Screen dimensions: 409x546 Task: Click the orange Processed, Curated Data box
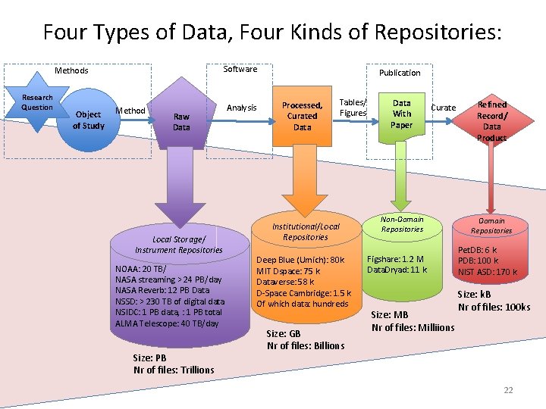[x=302, y=116]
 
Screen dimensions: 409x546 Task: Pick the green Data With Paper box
[x=401, y=114]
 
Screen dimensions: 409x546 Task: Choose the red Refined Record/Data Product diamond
[x=491, y=121]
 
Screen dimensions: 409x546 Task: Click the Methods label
[x=71, y=70]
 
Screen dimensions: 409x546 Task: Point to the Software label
[x=240, y=69]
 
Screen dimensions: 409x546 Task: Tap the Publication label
[x=400, y=73]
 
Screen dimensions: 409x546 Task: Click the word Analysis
[x=242, y=108]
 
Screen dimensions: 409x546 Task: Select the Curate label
[x=444, y=108]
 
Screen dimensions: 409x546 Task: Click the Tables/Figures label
[x=353, y=108]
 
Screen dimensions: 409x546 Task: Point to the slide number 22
[x=508, y=390]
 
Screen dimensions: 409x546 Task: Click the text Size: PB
[x=149, y=357]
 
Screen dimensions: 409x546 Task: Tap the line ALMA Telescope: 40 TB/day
[x=167, y=323]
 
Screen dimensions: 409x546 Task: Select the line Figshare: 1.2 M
[x=395, y=259]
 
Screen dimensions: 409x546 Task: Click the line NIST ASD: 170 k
[x=487, y=272]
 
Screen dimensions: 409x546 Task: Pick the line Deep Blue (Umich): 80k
[x=300, y=260]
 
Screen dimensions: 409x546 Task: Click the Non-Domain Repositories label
[x=402, y=223]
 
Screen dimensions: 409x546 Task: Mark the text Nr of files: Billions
[x=306, y=345]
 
